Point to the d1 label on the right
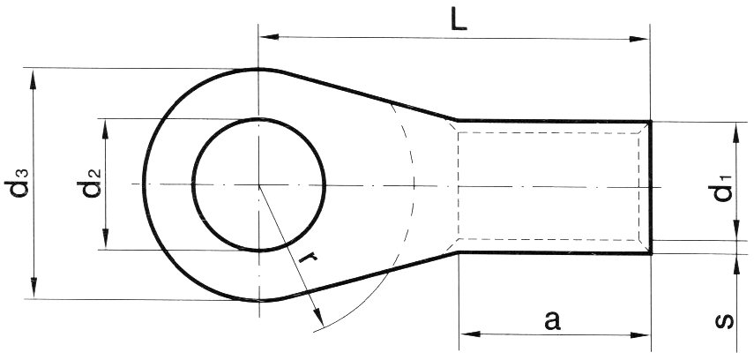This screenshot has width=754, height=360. pos(722,189)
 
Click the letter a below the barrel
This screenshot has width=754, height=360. pos(553,319)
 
